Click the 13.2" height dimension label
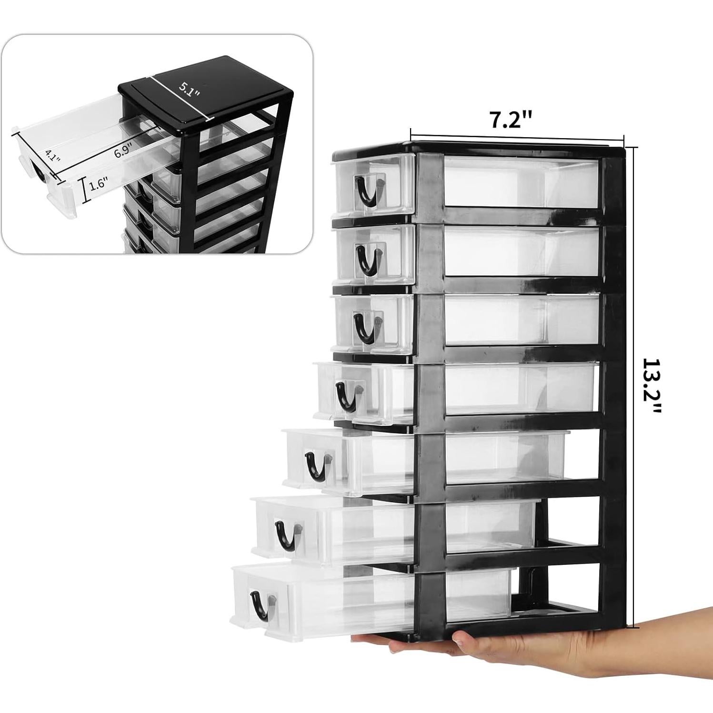(653, 387)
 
